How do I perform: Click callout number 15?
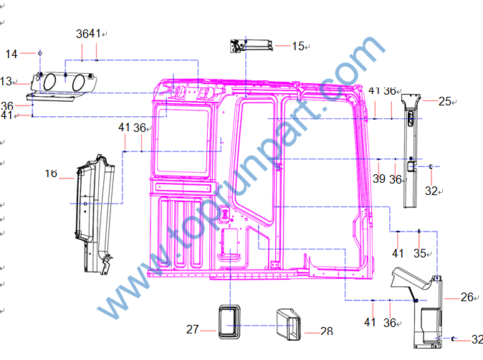point(298,46)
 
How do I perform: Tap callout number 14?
point(11,55)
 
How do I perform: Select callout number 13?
point(6,82)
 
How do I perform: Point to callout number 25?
point(445,101)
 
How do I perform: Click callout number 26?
point(467,297)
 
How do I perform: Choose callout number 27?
point(193,329)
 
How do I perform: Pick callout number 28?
point(327,331)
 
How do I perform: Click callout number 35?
point(419,253)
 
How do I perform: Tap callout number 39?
point(379,179)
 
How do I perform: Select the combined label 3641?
point(88,34)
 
